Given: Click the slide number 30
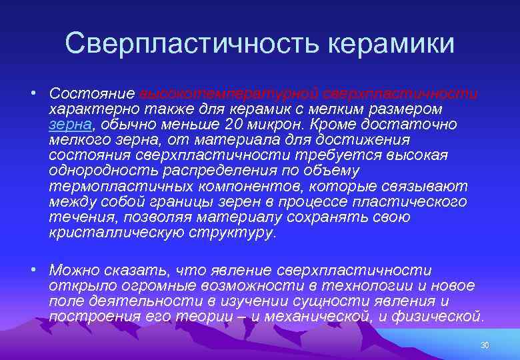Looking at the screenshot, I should coord(485,345).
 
